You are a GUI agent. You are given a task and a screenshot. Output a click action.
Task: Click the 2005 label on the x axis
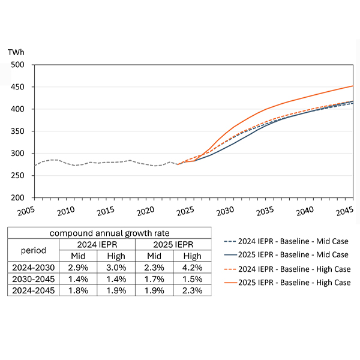pos(26,211)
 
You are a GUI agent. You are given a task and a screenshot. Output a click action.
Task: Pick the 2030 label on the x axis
pos(225,211)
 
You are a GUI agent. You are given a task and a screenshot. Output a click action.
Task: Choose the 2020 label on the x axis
pos(146,211)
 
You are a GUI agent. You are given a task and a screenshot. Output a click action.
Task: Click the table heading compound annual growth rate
pos(109,233)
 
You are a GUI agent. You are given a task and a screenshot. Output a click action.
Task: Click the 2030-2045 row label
pos(34,280)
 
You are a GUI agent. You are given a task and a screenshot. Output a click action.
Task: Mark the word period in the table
pos(34,250)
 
